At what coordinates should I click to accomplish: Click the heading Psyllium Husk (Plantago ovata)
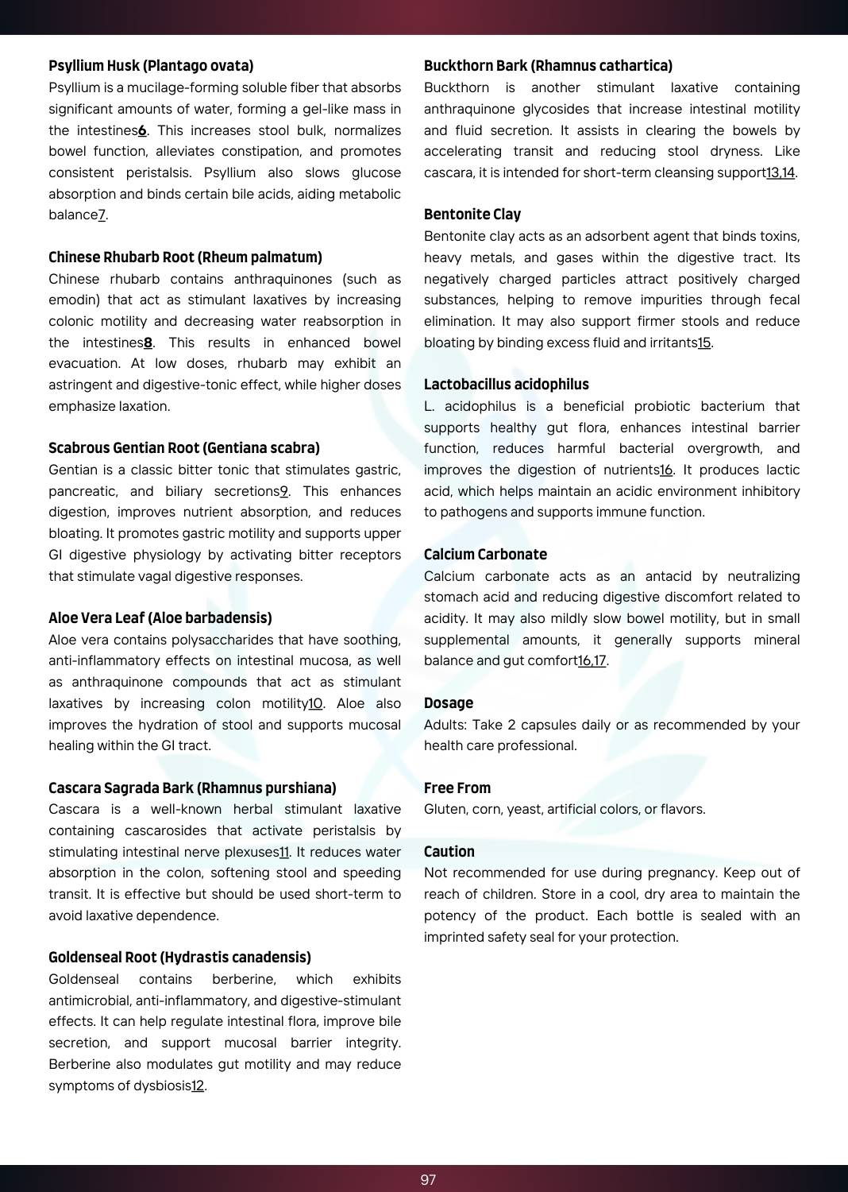click(x=151, y=66)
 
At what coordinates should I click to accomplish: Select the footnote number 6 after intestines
click(x=142, y=130)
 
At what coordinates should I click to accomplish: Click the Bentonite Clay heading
click(x=472, y=215)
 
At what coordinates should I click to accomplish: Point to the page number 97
click(x=428, y=1180)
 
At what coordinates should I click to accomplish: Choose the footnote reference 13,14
click(x=780, y=173)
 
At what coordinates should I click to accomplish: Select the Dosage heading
click(x=449, y=703)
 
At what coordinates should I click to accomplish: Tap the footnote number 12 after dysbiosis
click(x=198, y=1086)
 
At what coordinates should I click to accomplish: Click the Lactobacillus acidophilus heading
click(x=507, y=385)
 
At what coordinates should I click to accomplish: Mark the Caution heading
click(x=449, y=852)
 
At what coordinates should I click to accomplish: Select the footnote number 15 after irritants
click(x=704, y=343)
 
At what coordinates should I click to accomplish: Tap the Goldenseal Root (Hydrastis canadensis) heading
click(x=179, y=958)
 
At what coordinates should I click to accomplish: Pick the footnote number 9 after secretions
click(x=283, y=491)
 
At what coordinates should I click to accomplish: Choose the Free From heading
click(x=457, y=788)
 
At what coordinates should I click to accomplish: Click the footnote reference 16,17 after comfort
click(x=592, y=661)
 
